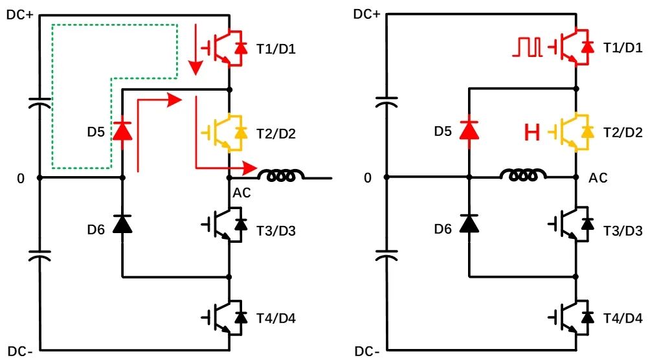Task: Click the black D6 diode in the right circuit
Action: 468,223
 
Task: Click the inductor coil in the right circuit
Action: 523,175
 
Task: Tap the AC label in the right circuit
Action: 599,177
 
